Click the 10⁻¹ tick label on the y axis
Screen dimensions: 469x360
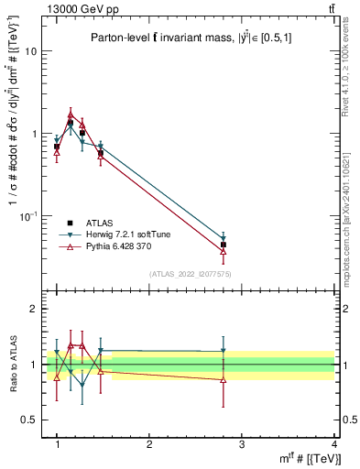click(28, 216)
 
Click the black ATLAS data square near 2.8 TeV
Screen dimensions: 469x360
click(224, 245)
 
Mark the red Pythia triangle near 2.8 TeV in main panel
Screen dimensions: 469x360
click(224, 252)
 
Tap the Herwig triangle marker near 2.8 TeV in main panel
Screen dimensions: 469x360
click(224, 238)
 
